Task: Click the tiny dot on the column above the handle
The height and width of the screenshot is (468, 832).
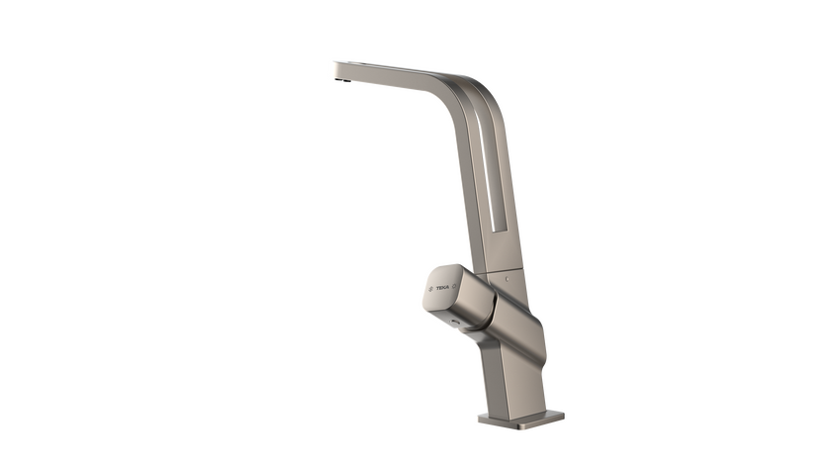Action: point(506,280)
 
